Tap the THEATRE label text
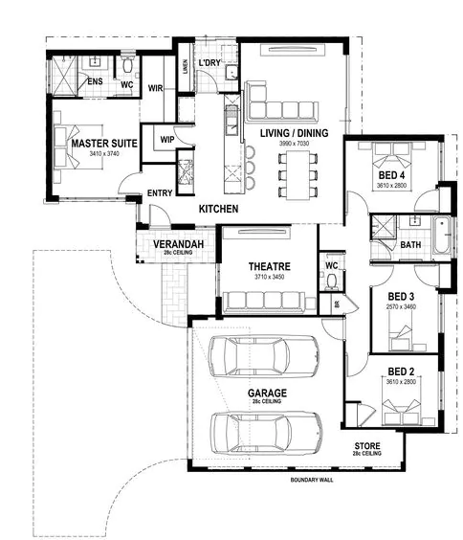tap(269, 266)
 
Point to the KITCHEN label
tap(218, 209)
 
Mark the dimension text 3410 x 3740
tap(104, 153)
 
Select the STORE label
tap(367, 447)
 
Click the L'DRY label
tap(209, 64)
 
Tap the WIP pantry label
tap(166, 139)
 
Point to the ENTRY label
tap(159, 193)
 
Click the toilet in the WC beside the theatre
tap(331, 281)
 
